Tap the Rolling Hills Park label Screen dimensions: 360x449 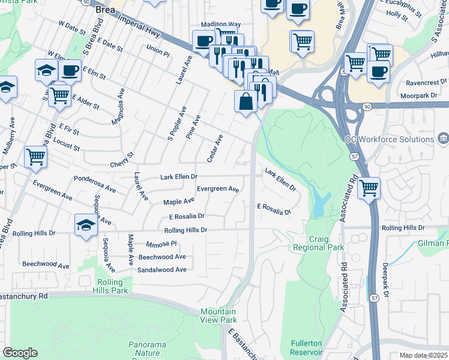[111, 286]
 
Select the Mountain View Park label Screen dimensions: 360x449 [218, 316]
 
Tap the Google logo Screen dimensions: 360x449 [20, 353]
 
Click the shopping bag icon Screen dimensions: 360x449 [246, 101]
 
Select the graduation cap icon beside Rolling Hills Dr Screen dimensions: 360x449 [86, 226]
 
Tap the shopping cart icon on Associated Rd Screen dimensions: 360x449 [369, 188]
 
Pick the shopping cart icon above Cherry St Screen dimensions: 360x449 [36, 157]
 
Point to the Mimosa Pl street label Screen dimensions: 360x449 [161, 244]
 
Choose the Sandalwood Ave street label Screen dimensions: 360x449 [162, 270]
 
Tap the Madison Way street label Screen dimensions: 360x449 [220, 24]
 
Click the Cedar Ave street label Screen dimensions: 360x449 [215, 148]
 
